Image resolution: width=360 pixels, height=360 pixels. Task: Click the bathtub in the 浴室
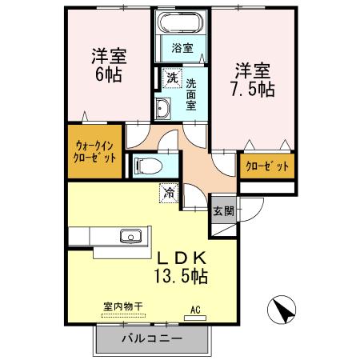pyautogui.click(x=181, y=23)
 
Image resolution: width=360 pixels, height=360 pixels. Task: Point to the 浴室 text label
pyautogui.click(x=182, y=48)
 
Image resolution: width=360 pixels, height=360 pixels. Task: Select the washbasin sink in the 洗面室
pyautogui.click(x=163, y=108)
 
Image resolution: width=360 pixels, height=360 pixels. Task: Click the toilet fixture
pyautogui.click(x=150, y=166)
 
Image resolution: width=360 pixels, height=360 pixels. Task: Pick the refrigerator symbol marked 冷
pyautogui.click(x=169, y=191)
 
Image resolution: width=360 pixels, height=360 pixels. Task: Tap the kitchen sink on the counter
pyautogui.click(x=130, y=236)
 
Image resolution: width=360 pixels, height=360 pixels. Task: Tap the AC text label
pyautogui.click(x=195, y=308)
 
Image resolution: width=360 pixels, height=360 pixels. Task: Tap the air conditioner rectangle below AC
pyautogui.click(x=195, y=318)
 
